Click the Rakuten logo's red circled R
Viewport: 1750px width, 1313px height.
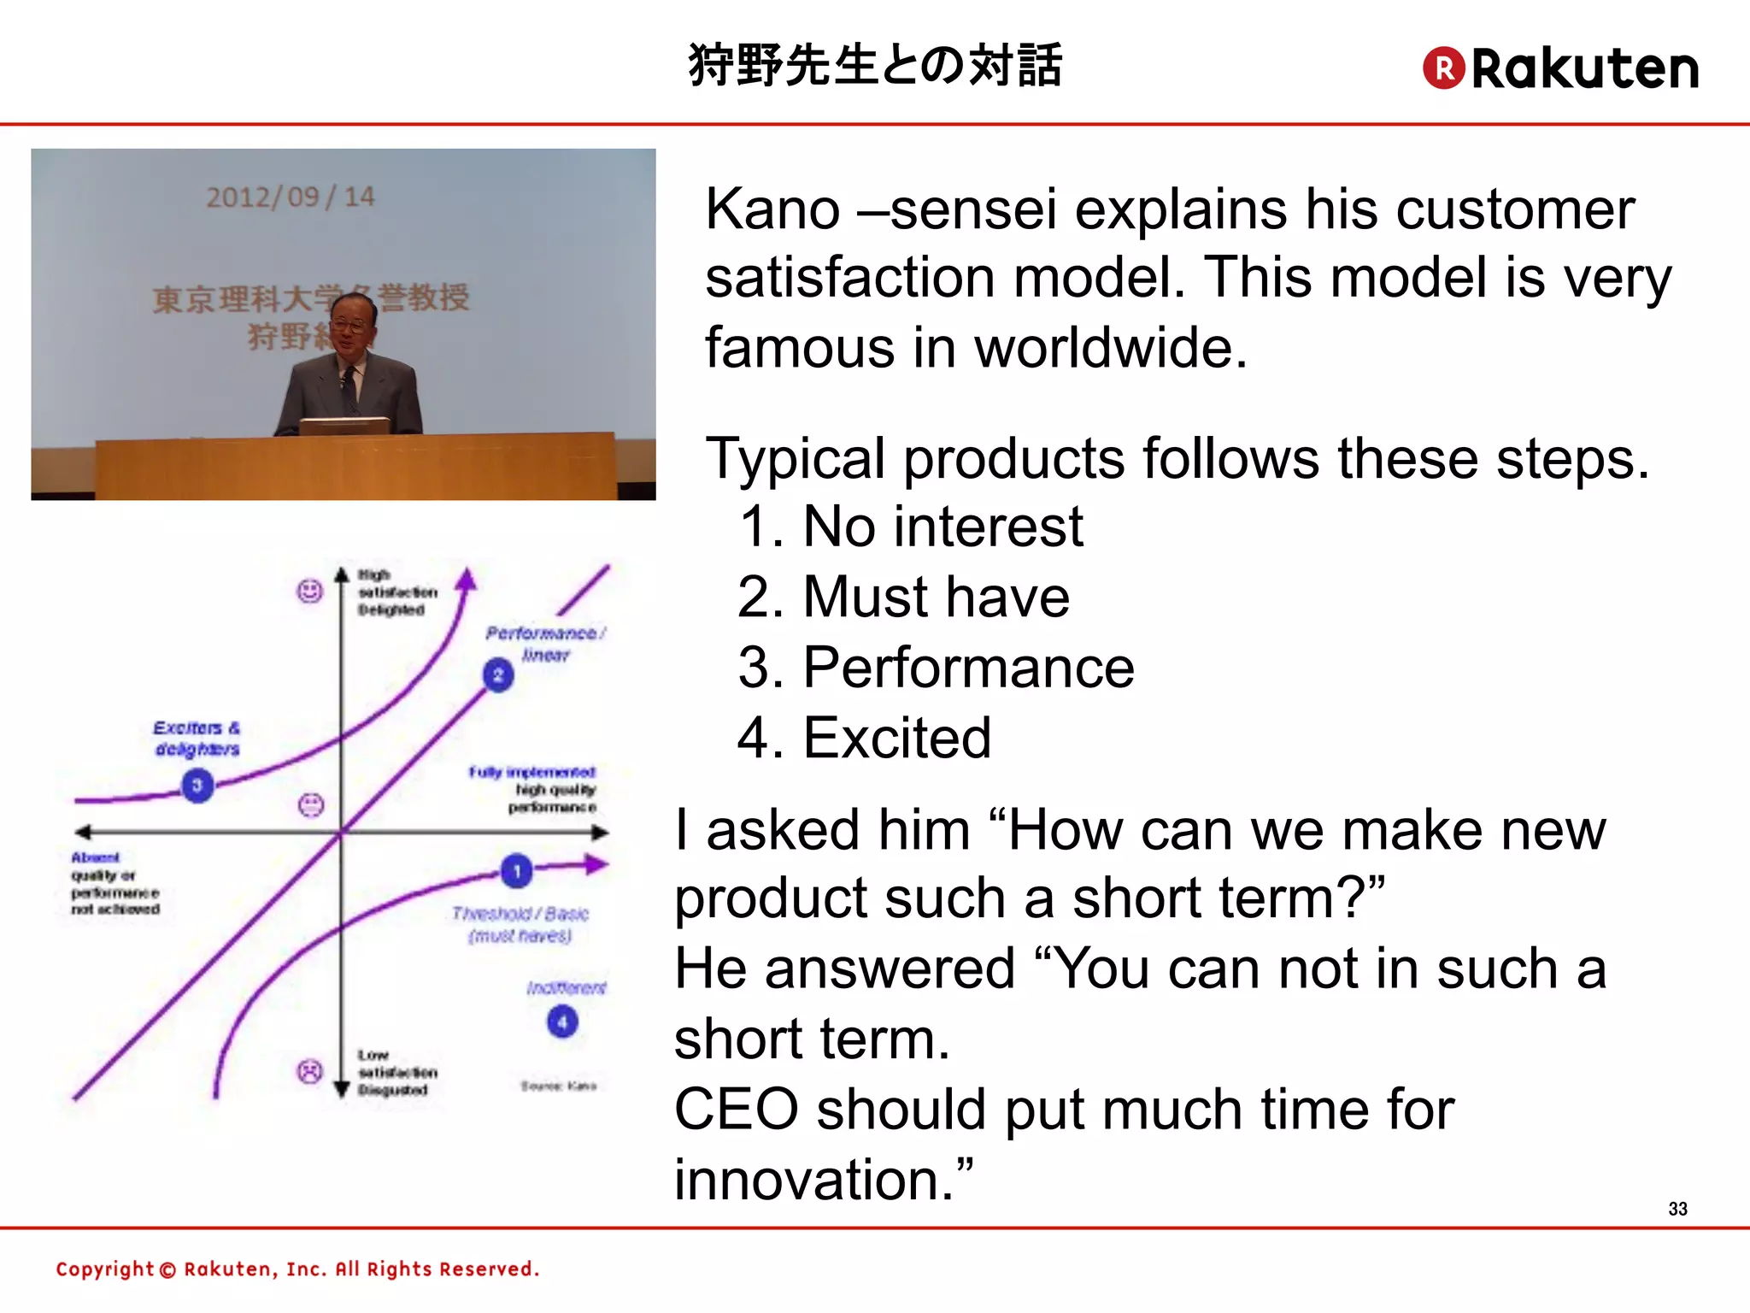point(1444,68)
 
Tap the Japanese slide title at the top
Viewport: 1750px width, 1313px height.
point(875,65)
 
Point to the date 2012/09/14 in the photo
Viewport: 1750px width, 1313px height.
point(291,197)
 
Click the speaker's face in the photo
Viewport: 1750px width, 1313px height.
point(351,324)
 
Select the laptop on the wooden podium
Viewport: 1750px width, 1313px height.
point(344,426)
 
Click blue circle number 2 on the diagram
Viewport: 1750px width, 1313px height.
point(498,675)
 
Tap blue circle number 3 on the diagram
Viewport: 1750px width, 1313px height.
point(197,785)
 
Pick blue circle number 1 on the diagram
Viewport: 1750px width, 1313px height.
point(516,871)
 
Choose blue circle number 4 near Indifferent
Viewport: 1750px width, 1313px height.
point(562,1022)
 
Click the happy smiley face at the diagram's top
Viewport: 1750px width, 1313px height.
point(309,591)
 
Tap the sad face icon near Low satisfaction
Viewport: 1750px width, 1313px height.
point(309,1071)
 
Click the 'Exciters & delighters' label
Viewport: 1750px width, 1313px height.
point(197,739)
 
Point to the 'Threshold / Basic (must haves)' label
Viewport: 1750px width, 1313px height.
point(520,925)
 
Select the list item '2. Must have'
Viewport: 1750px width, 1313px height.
point(903,597)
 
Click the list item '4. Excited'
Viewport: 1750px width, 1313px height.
point(864,738)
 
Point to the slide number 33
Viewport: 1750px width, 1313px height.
point(1677,1209)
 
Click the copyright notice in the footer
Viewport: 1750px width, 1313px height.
point(297,1269)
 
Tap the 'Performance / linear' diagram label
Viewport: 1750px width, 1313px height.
point(545,644)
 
